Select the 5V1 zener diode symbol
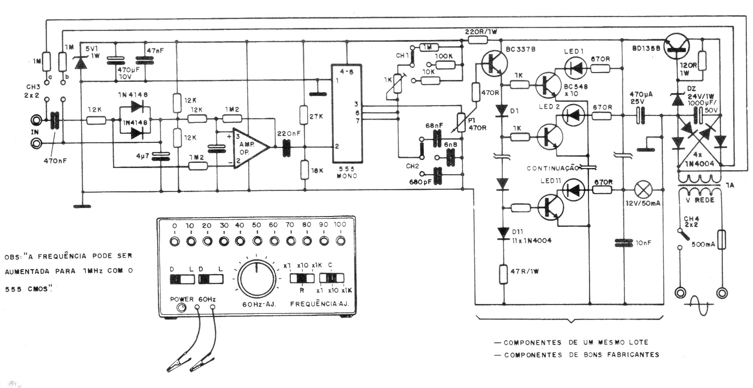pos(80,63)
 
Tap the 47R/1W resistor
pos(504,274)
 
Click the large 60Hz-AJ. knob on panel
pos(257,278)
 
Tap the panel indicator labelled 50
pos(257,240)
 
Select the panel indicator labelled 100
pos(340,240)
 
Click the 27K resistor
pos(305,115)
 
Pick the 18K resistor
pos(305,170)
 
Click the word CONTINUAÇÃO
pos(552,168)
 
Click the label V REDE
pos(698,200)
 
